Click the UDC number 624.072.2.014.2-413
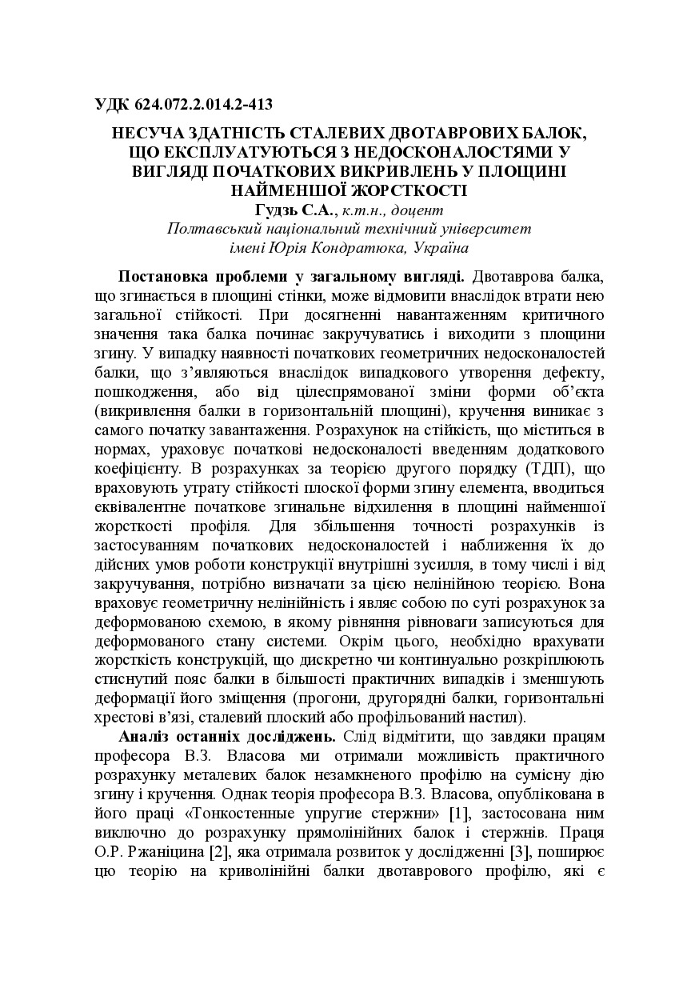202,104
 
